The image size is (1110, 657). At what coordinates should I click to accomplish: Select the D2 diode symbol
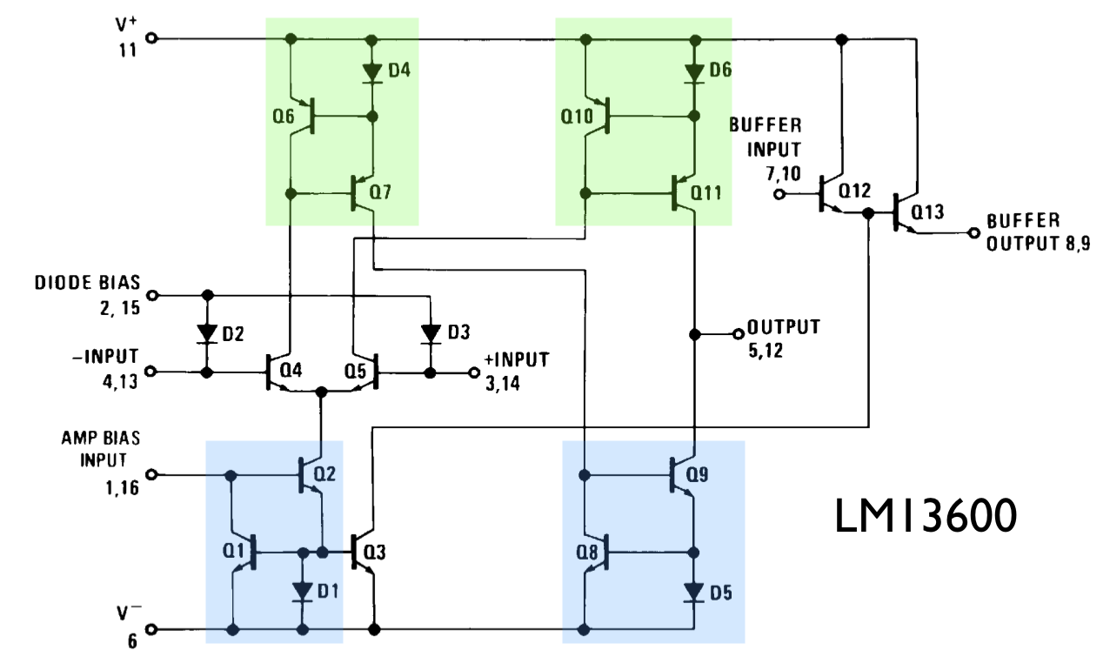pyautogui.click(x=206, y=332)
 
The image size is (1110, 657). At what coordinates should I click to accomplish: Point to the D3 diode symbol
pyautogui.click(x=430, y=332)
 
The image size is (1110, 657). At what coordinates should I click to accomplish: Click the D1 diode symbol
pyautogui.click(x=302, y=592)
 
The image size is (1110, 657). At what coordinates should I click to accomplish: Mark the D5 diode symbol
pyautogui.click(x=694, y=592)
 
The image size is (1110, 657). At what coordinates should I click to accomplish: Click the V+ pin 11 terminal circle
pyautogui.click(x=152, y=38)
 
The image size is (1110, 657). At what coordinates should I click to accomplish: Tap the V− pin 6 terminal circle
pyautogui.click(x=152, y=629)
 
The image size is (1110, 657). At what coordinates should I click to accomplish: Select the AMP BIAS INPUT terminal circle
pyautogui.click(x=152, y=475)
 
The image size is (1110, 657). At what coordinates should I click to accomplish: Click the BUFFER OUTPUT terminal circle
pyautogui.click(x=973, y=232)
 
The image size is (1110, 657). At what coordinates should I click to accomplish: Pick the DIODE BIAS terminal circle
pyautogui.click(x=152, y=294)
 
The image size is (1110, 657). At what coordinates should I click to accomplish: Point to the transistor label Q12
pyautogui.click(x=855, y=190)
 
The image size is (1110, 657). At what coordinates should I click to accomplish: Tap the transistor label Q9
pyautogui.click(x=698, y=477)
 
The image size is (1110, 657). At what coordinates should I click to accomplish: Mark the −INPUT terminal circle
pyautogui.click(x=152, y=372)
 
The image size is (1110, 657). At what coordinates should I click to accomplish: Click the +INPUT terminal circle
pyautogui.click(x=474, y=372)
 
